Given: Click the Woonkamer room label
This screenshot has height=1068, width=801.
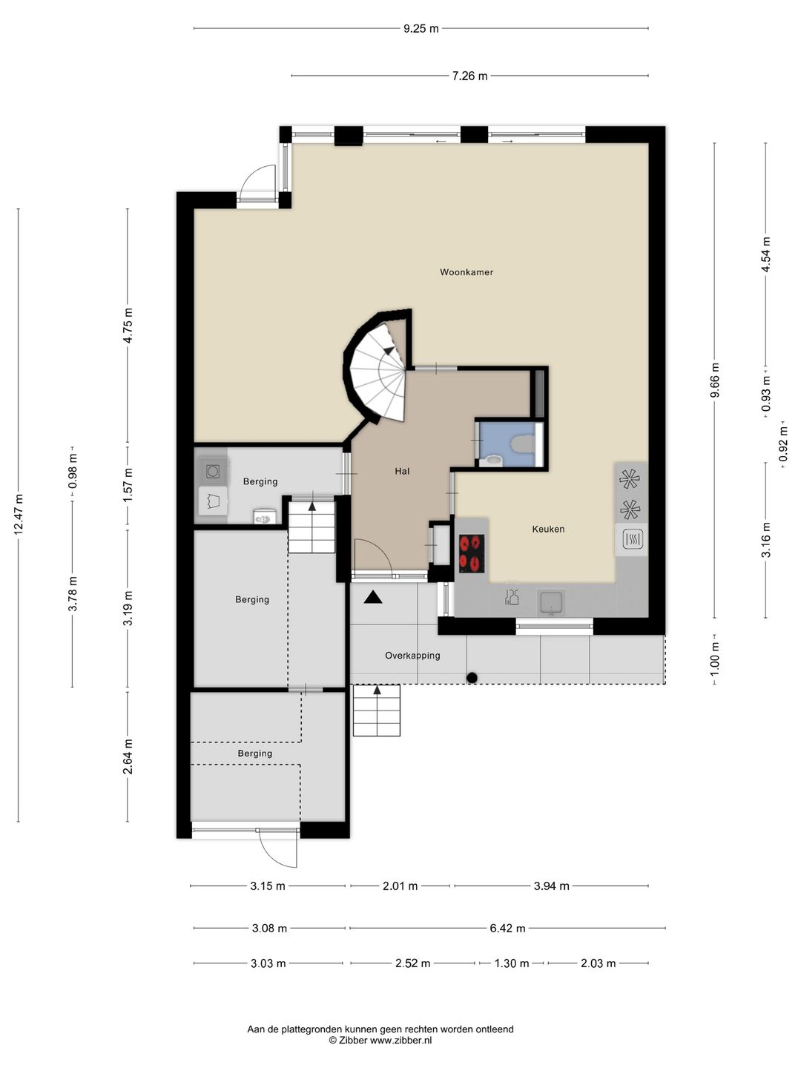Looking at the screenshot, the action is click(466, 272).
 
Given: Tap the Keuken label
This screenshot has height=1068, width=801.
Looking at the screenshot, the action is click(548, 529).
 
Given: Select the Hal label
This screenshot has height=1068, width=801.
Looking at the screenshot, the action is click(402, 471).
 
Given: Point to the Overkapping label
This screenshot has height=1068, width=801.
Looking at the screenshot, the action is click(412, 656).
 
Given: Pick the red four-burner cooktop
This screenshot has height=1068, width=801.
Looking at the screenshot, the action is click(472, 553).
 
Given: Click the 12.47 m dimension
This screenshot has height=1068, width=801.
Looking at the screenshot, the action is click(19, 514).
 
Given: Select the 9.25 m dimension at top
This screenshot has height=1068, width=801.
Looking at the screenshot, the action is click(421, 29).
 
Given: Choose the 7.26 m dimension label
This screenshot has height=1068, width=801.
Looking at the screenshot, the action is click(469, 76).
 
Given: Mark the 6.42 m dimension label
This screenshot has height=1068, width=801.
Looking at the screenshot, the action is click(507, 929).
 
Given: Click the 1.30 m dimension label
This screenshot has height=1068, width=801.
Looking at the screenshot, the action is click(512, 963).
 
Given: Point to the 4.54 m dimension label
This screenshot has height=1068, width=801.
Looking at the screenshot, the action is click(766, 254).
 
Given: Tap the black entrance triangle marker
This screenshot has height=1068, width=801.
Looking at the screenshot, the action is click(372, 597).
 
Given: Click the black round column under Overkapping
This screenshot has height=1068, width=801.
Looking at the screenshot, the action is click(472, 677).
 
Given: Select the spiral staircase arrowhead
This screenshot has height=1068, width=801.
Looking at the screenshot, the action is click(389, 350).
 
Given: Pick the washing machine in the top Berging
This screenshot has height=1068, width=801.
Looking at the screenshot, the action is click(213, 471).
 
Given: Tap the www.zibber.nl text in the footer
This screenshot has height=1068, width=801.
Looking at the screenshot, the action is click(400, 1041).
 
